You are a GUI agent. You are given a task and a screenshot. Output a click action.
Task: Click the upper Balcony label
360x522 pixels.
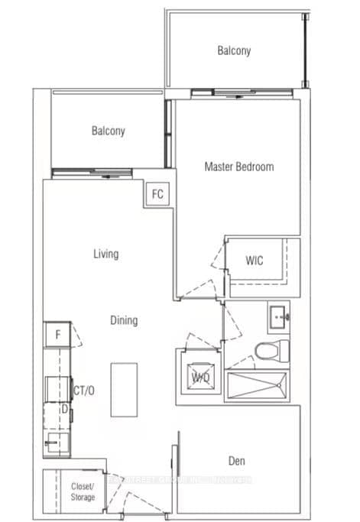coord(233,51)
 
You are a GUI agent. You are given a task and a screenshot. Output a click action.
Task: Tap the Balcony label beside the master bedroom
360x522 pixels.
coord(108,131)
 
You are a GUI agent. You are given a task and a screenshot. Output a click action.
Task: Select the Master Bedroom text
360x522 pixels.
coord(238,167)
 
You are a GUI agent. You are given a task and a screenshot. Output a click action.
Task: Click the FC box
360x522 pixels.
coord(157,194)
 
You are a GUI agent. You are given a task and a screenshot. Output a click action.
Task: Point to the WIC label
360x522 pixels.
coord(255,261)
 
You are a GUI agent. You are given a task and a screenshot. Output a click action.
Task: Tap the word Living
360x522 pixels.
coord(106,254)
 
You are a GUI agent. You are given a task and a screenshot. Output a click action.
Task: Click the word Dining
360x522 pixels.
coord(124,321)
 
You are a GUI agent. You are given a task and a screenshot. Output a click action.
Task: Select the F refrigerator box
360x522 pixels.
coord(57,334)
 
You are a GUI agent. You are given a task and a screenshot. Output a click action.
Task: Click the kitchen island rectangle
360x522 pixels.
coord(123,389)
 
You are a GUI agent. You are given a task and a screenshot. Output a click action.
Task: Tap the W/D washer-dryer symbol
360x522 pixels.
coord(201,377)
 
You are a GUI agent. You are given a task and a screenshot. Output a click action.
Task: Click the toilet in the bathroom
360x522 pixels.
coord(271,352)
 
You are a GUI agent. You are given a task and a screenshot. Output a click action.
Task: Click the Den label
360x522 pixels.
coord(236,461)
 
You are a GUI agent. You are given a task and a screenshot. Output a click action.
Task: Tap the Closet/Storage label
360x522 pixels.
coord(83,491)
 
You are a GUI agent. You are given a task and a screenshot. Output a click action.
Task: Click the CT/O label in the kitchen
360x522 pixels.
coord(83,391)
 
